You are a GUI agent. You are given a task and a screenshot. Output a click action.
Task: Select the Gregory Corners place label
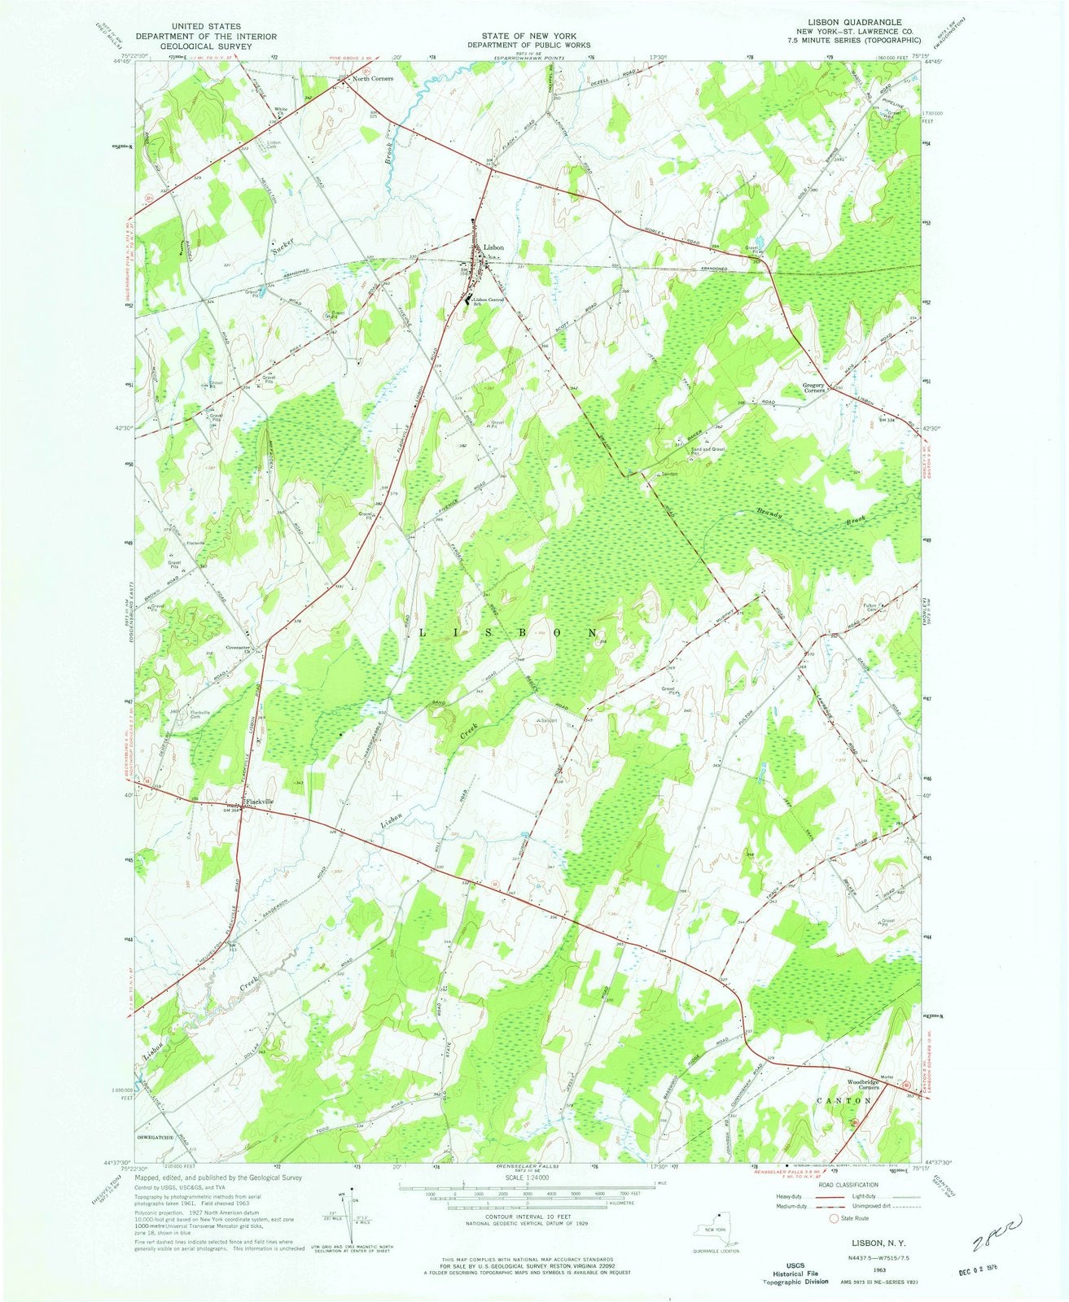(816, 389)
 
